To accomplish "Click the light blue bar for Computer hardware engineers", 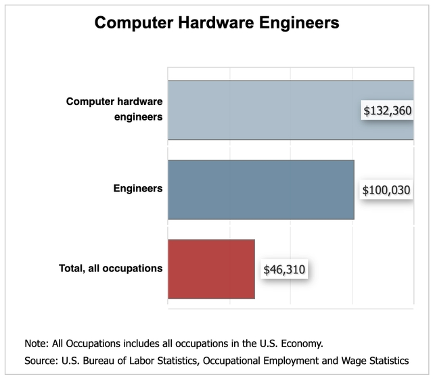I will [264, 110].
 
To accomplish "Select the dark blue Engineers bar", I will [260, 189].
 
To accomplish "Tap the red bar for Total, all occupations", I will [211, 269].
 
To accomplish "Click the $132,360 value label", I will [387, 110].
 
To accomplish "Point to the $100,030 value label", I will [386, 190].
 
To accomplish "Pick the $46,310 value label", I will [284, 270].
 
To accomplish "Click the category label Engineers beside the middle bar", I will [137, 188].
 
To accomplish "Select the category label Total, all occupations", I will [109, 268].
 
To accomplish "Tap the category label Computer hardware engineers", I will [114, 109].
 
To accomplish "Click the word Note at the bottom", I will [35, 343].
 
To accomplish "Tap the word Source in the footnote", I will [40, 360].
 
